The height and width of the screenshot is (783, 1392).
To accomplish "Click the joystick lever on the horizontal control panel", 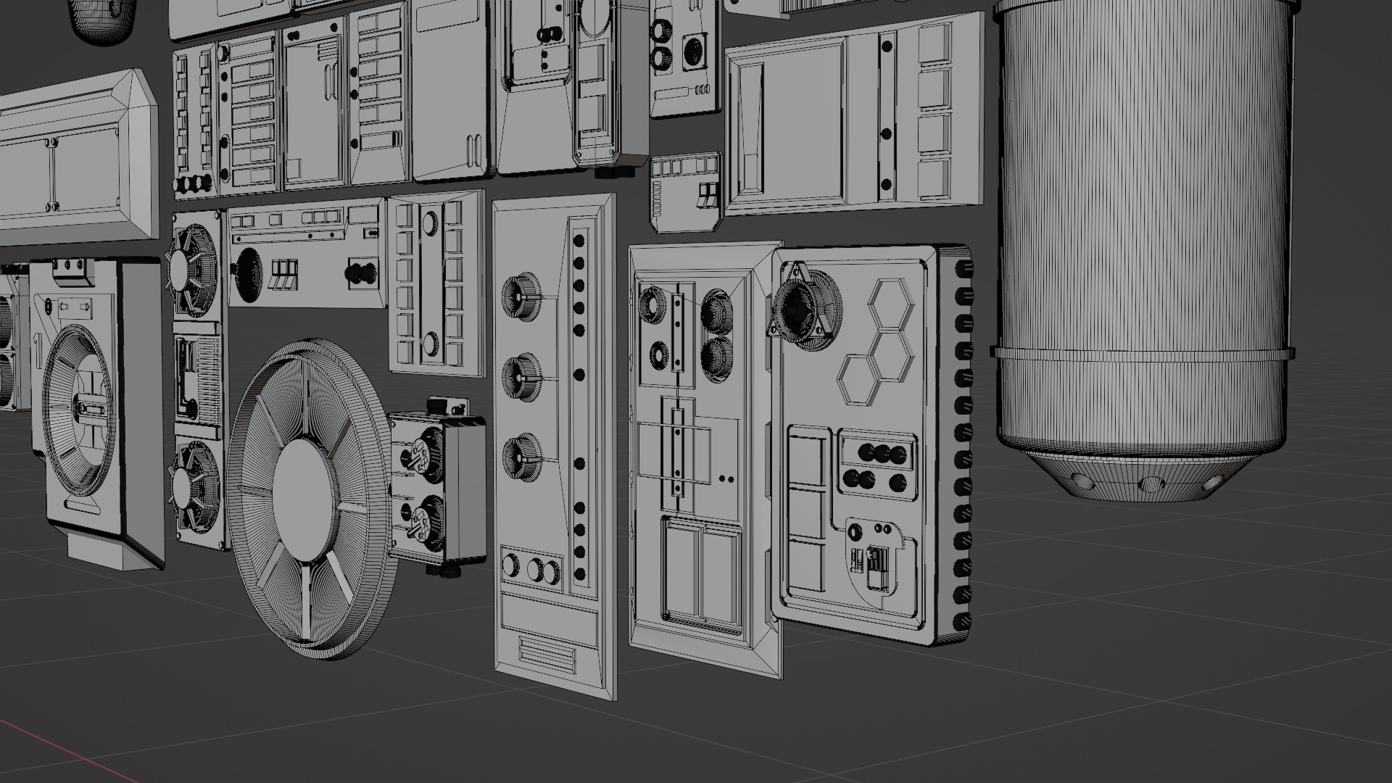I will (x=360, y=273).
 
